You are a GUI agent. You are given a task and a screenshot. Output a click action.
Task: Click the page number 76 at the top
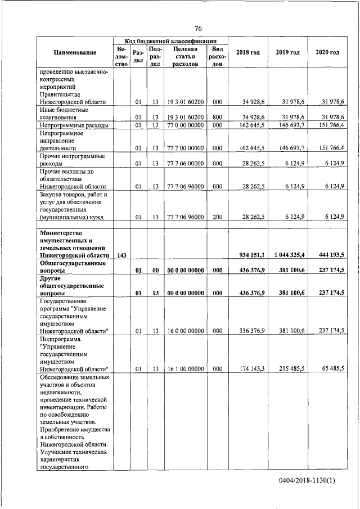click(198, 29)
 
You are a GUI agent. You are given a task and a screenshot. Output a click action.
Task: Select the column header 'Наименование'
click(75, 52)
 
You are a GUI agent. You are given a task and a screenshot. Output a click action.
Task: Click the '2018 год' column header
click(247, 52)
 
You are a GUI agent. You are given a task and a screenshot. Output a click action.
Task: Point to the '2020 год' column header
click(327, 52)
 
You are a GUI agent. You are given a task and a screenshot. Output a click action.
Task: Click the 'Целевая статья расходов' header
click(185, 56)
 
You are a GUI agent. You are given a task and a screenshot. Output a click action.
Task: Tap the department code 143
click(121, 255)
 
